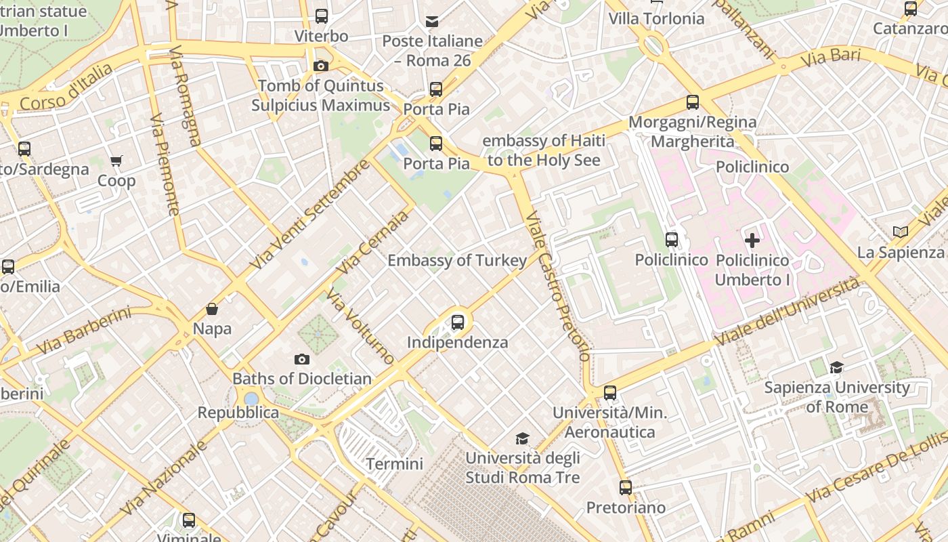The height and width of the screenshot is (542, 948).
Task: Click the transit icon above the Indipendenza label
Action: (458, 322)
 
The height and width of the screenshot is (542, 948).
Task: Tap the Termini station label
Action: (394, 464)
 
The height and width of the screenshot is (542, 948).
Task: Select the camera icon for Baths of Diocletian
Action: (302, 359)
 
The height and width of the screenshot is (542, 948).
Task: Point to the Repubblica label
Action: (238, 413)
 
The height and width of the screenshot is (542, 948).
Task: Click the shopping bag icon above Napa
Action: (212, 309)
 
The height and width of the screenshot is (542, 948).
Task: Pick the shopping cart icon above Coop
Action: (116, 161)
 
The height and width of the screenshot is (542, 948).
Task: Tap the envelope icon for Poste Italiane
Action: (432, 22)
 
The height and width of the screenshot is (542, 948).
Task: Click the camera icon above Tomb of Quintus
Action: (321, 66)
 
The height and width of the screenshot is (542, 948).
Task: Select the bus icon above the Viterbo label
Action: (322, 16)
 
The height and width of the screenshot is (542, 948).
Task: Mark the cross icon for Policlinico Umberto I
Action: (752, 240)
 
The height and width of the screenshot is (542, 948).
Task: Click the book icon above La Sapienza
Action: (900, 232)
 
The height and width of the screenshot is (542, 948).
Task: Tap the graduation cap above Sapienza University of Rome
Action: (837, 367)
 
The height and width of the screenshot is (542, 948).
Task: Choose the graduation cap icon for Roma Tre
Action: (522, 438)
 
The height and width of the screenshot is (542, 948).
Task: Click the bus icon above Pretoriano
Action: (626, 487)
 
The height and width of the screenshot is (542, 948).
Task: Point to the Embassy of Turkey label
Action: (457, 261)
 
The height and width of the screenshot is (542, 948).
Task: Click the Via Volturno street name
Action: (360, 326)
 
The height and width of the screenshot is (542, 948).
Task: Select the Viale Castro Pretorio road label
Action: (558, 286)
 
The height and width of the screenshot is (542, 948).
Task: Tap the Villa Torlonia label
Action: (656, 19)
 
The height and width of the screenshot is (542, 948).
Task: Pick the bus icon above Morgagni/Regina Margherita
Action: (692, 102)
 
